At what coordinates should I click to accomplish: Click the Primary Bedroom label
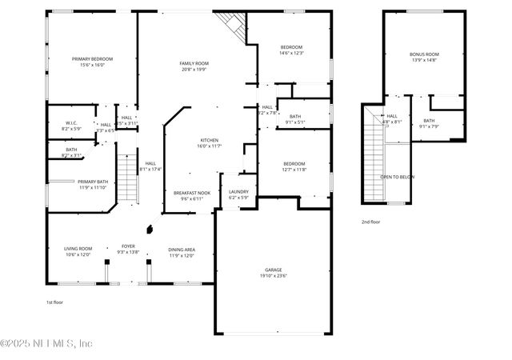coord(92,59)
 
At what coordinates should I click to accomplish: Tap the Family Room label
coord(194,63)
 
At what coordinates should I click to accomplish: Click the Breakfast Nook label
coord(192,193)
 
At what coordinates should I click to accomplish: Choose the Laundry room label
coord(238,191)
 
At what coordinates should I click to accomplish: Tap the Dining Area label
coord(182,250)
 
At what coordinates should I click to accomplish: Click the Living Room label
coord(78,249)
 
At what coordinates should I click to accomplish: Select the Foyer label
coord(128,246)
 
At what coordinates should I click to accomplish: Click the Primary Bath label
coord(93,182)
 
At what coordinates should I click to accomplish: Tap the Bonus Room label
coord(425,54)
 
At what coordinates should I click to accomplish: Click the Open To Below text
coord(397,177)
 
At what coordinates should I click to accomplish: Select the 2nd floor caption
coord(371,221)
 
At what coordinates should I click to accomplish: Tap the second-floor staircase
coord(374,156)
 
